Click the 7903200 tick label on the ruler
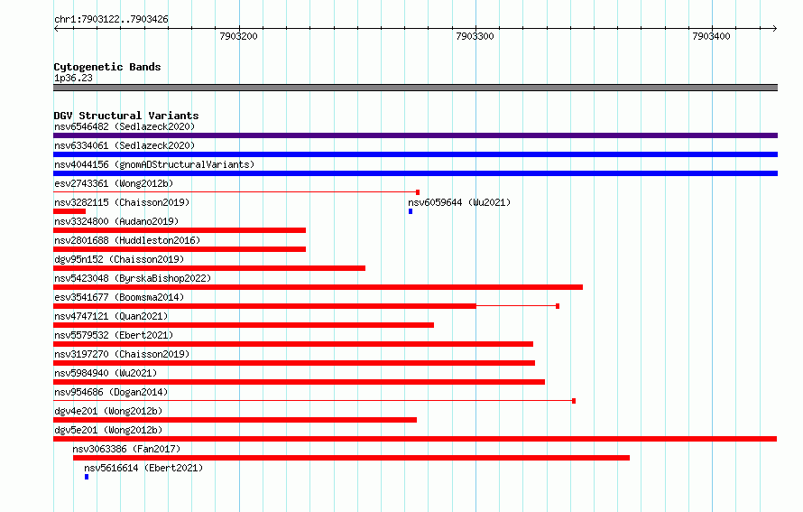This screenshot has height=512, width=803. pos(238,36)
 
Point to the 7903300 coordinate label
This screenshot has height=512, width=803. pos(475,36)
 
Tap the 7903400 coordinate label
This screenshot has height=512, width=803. pos(711,36)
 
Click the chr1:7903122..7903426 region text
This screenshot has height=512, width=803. pos(111,19)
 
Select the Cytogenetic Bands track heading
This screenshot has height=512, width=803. pos(107,67)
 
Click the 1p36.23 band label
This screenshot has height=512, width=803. pos(73,78)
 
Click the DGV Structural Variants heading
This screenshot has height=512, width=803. pos(126,116)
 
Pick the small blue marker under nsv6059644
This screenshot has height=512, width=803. pos(411,211)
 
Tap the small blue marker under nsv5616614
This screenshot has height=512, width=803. pos(87,477)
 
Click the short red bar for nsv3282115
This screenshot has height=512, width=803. pos(69,211)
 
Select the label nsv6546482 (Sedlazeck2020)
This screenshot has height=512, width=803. pos(125,126)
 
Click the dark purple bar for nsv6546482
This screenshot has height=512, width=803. pos(415,135)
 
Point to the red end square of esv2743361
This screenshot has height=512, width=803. pos(418,192)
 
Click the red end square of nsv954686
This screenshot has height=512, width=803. pos(574,401)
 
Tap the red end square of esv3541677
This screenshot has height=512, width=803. pos(558,306)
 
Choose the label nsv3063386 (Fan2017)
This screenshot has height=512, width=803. pos(126,449)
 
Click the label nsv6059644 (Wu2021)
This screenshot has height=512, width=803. pos(459,202)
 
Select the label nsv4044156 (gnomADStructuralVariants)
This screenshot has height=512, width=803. pos(154,164)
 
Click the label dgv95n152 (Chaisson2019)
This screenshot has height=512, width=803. pos(119,259)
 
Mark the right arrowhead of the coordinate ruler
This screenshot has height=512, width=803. pos(775,29)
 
